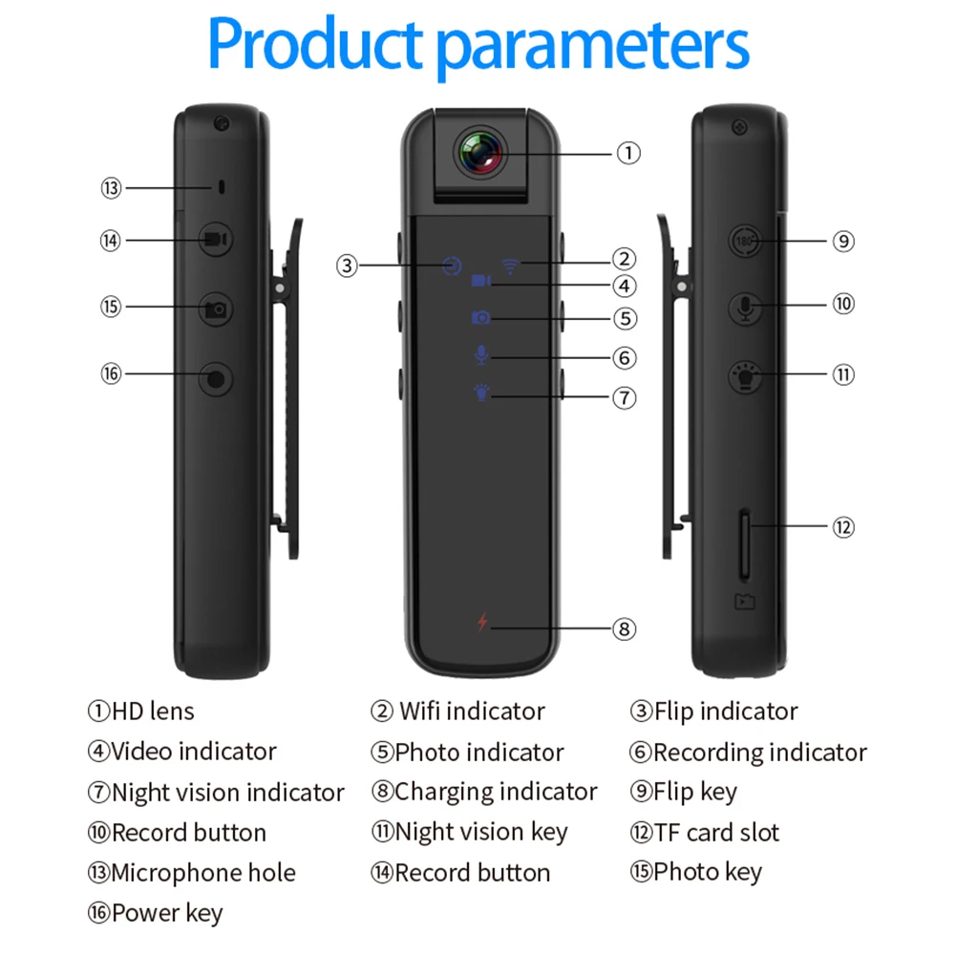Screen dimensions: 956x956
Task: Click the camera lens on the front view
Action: click(480, 153)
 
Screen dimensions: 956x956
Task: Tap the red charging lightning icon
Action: click(482, 623)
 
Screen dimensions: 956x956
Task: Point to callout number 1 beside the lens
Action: click(627, 153)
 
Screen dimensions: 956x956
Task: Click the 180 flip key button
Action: click(747, 242)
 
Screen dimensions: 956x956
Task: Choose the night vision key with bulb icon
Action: click(745, 374)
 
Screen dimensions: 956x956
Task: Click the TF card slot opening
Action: click(745, 546)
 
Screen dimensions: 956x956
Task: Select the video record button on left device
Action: click(215, 240)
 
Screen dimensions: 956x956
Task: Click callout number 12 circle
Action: click(842, 526)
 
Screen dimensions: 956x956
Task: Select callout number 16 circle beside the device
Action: click(112, 373)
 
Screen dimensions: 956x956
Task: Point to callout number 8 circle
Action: click(624, 628)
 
